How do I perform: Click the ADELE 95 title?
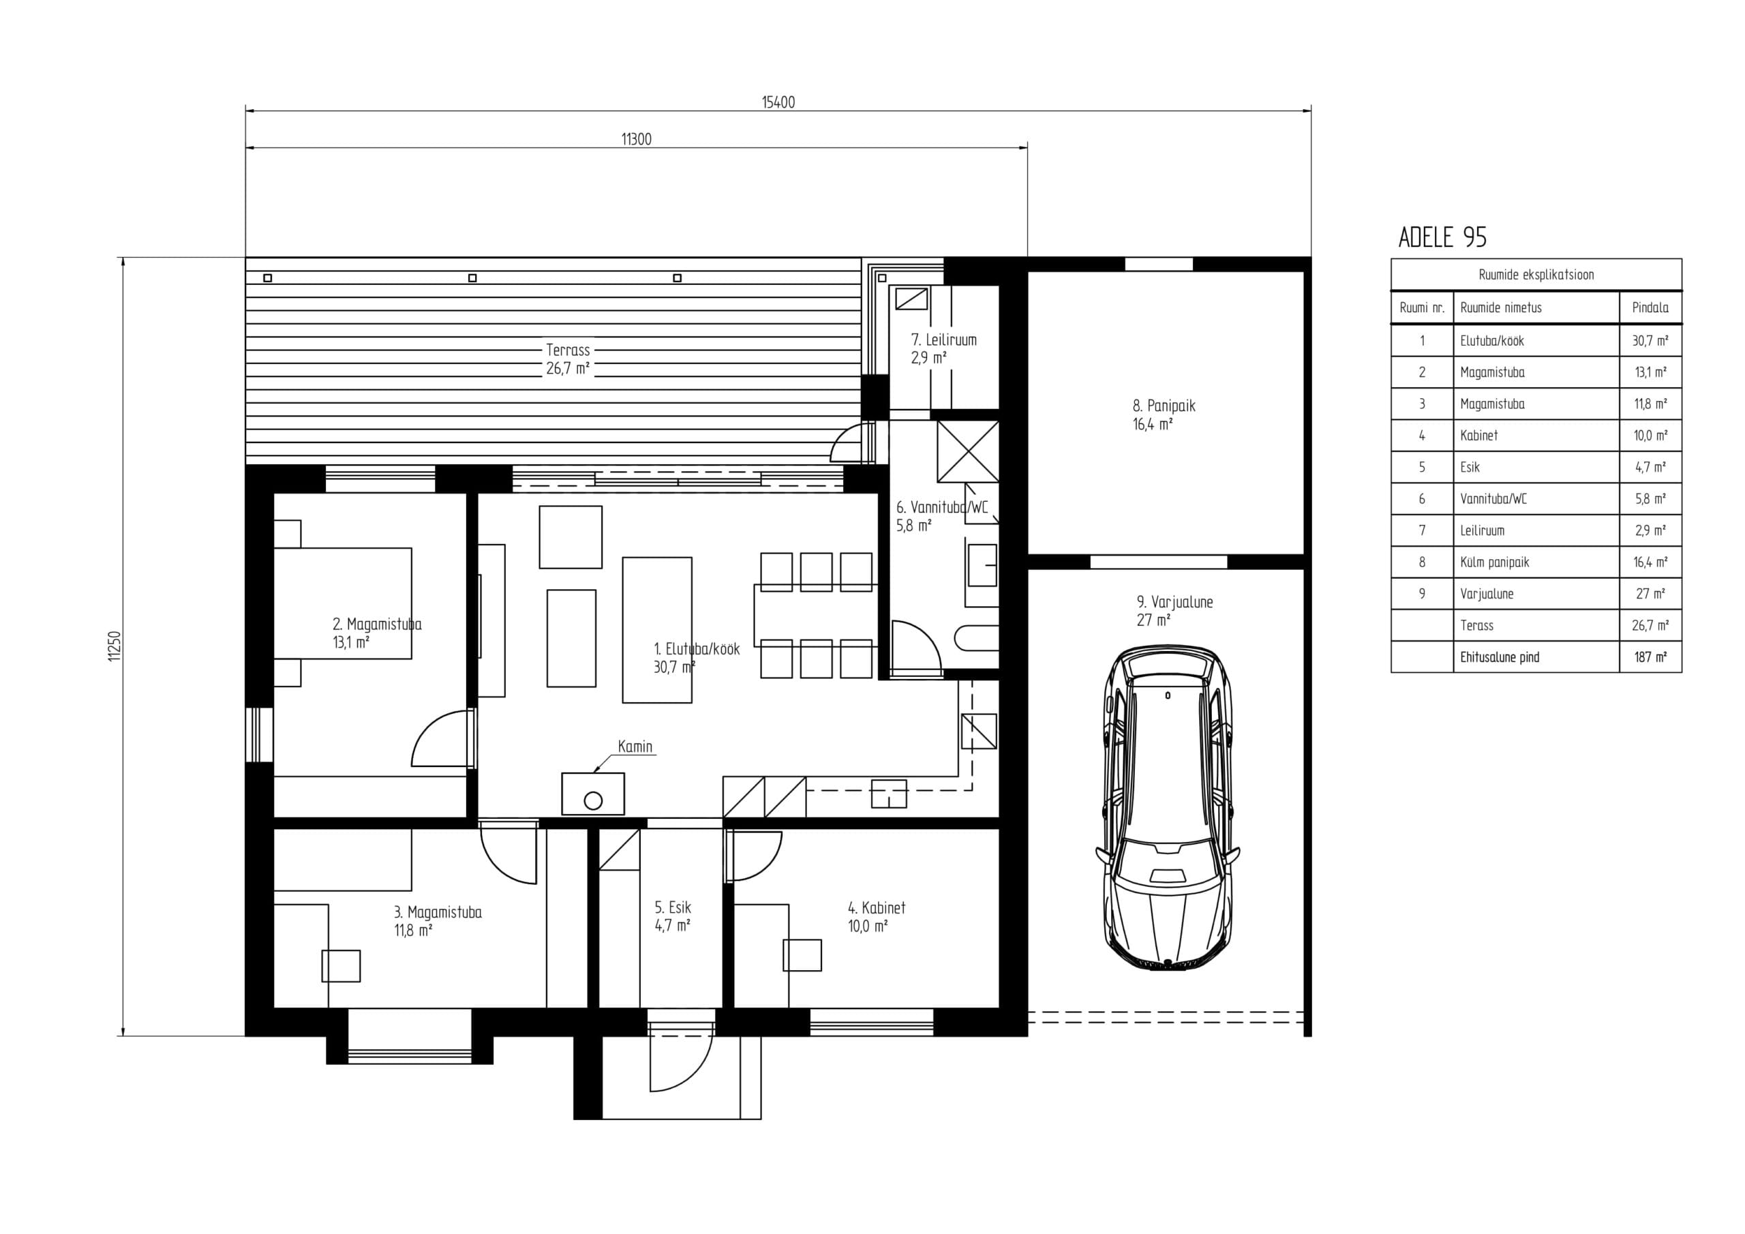point(1442,237)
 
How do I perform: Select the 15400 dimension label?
point(778,102)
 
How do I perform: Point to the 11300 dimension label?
point(636,139)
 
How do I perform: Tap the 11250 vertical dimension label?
point(115,646)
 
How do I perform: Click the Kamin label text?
point(635,746)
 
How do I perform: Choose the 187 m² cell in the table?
point(1650,657)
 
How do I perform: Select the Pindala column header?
point(1650,307)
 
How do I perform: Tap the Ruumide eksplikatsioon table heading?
point(1536,275)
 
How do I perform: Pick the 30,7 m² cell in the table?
point(1650,341)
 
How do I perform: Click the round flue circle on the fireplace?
point(593,800)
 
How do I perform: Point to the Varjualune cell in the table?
point(1487,594)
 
